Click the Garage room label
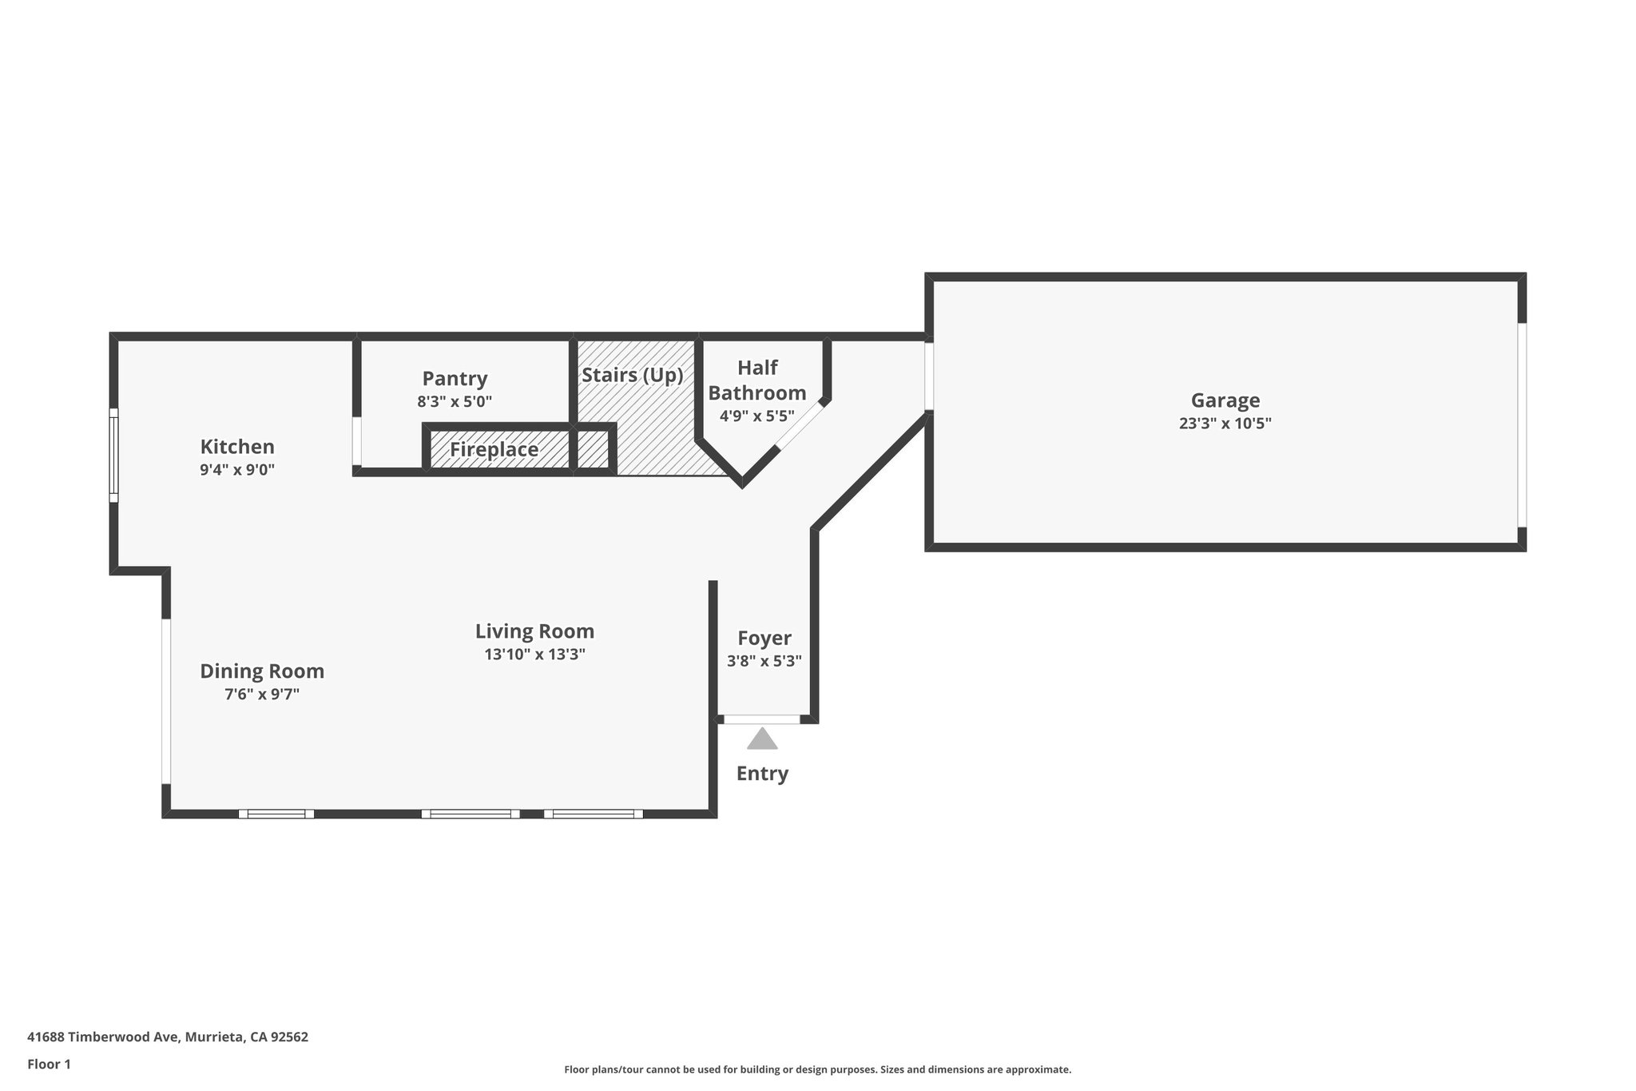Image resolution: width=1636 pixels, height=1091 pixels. point(1225,400)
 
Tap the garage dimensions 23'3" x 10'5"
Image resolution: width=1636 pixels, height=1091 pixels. point(1225,424)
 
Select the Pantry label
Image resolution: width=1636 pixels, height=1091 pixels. point(455,379)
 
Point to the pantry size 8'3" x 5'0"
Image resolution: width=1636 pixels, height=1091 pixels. point(455,402)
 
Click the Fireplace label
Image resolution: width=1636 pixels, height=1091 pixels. point(494,450)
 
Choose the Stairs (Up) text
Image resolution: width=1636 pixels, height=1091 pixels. point(632,376)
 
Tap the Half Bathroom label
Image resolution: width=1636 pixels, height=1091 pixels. point(756,380)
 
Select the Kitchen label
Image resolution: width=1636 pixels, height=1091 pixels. point(237,447)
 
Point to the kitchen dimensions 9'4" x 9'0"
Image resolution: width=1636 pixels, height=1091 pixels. point(237,470)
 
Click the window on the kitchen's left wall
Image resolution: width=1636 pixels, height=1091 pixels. point(114,456)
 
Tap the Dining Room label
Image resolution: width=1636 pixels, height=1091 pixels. point(262,671)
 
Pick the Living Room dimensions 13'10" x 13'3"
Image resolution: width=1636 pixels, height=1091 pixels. point(534,655)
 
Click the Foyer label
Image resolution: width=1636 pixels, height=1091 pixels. point(764,639)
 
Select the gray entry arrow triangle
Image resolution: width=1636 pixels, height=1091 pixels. point(762,740)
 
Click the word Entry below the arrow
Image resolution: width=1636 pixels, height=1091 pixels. point(762,774)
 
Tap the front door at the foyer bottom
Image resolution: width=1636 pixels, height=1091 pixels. point(761,720)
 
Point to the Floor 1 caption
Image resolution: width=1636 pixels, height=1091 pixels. point(49,1065)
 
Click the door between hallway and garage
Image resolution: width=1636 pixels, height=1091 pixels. point(929,376)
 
